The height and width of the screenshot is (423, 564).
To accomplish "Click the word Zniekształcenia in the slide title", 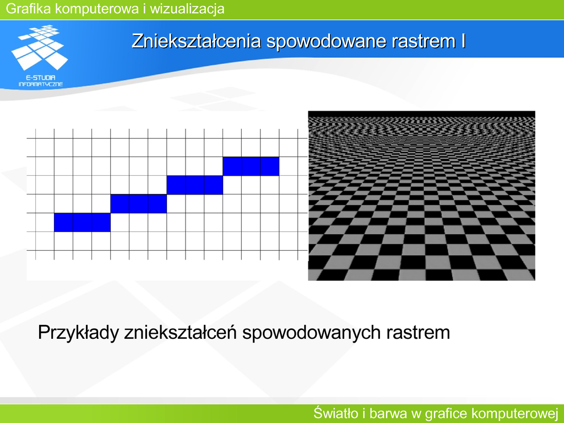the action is point(196,41).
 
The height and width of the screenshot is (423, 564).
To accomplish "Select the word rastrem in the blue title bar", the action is point(424,41).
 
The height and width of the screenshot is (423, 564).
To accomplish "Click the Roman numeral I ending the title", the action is point(464,41).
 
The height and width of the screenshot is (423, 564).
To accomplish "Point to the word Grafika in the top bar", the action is point(29,8).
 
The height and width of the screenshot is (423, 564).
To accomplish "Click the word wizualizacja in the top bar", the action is point(187,8).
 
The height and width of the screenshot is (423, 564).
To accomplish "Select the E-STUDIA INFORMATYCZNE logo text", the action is point(41,81).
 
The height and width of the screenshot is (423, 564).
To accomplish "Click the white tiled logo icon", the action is point(40,47).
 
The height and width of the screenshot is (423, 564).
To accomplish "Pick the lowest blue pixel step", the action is point(83,223).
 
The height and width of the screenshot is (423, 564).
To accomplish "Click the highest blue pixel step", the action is point(251,166).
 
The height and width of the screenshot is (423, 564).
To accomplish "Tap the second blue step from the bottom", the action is point(138,204).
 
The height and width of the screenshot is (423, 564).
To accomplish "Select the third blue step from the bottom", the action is point(194,185).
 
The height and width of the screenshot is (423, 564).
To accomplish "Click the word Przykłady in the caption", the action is point(78,333).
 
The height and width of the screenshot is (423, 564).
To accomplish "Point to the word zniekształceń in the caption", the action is point(181,332).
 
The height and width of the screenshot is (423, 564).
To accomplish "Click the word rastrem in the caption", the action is point(419,333).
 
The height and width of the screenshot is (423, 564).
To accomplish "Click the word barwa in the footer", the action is point(388,413).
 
